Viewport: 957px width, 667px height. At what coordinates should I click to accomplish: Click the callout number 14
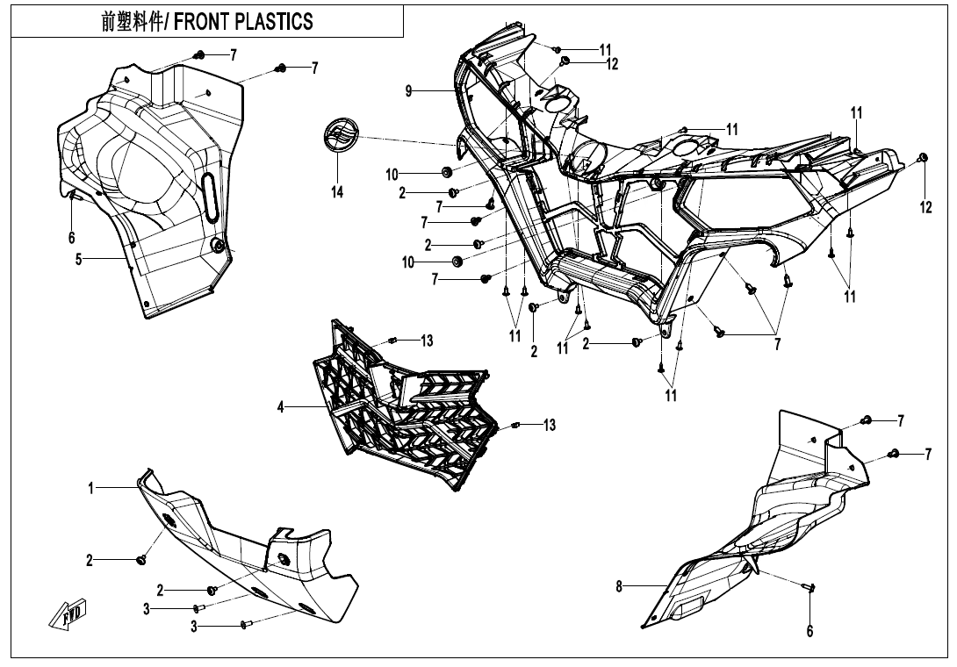pos(337,192)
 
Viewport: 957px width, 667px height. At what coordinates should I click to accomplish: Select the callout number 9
pos(408,90)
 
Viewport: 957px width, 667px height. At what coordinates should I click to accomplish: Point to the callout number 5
pos(78,259)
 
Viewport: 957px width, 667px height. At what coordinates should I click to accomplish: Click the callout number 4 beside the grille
pos(281,406)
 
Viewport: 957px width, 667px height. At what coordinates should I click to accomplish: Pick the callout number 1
pos(90,488)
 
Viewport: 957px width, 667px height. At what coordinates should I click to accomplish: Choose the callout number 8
pos(619,587)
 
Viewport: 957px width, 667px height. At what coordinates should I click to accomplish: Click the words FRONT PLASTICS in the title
pos(243,21)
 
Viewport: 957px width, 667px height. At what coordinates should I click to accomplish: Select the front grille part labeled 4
pos(404,404)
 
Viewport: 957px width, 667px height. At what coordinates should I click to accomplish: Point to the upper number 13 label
pos(427,341)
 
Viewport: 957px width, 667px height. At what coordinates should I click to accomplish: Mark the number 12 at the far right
pos(925,207)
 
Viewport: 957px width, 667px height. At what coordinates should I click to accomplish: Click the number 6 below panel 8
pos(810,630)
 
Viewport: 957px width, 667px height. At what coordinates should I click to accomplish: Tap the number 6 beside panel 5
pos(72,237)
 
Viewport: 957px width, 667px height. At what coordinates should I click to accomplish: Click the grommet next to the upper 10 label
pos(445,170)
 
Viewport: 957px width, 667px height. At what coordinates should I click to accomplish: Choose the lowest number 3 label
pos(196,627)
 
